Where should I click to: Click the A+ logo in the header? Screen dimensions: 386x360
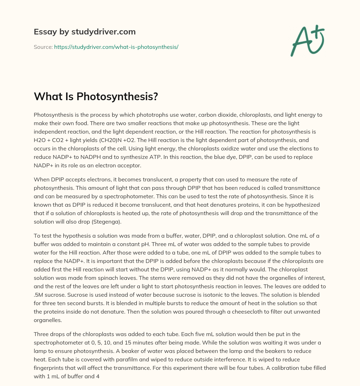pyautogui.click(x=307, y=40)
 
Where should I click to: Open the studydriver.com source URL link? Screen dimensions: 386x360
pyautogui.click(x=116, y=47)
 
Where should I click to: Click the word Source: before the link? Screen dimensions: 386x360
pyautogui.click(x=43, y=47)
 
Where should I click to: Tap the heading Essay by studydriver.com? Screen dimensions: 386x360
pyautogui.click(x=84, y=32)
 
